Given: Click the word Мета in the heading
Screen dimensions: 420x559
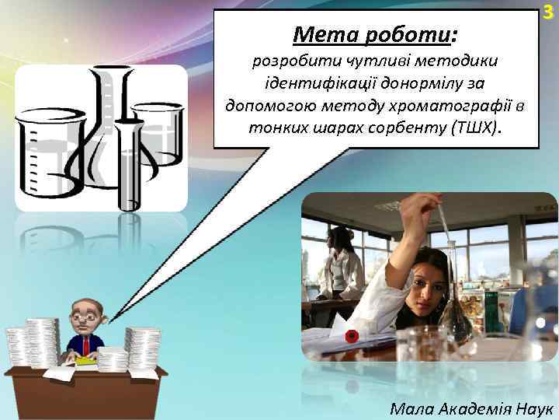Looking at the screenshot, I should pyautogui.click(x=321, y=34).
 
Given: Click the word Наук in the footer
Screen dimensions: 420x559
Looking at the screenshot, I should pyautogui.click(x=533, y=407).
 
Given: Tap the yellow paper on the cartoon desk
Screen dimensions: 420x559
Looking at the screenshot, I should pyautogui.click(x=86, y=361).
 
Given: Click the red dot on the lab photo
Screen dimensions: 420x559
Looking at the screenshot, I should pyautogui.click(x=351, y=337).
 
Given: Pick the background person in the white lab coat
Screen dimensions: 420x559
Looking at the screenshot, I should pyautogui.click(x=341, y=264).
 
